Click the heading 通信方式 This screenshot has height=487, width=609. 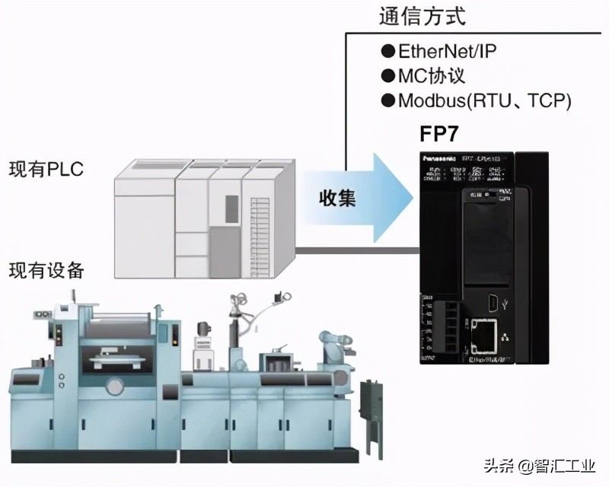421,15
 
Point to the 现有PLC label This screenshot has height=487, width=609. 46,169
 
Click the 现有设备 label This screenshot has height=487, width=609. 46,270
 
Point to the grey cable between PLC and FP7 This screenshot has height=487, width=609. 358,249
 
